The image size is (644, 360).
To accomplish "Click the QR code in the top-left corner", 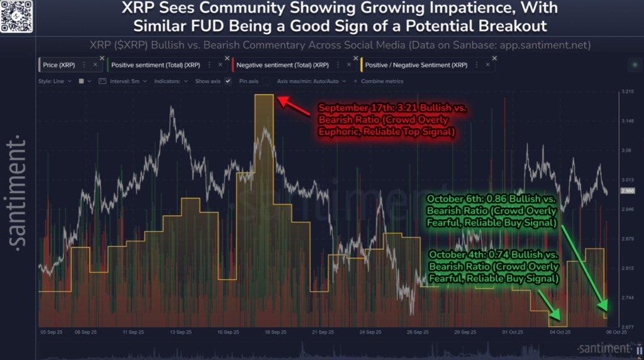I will click(16, 15).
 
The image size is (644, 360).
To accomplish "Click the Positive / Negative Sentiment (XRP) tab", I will click(416, 65).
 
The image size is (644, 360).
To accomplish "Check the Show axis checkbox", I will click(228, 81).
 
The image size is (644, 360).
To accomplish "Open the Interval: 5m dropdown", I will click(130, 81).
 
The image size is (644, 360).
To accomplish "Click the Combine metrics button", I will click(380, 81).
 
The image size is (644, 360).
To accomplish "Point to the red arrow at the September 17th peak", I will click(293, 106).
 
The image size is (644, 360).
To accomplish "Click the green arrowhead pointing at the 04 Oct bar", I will click(553, 315).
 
